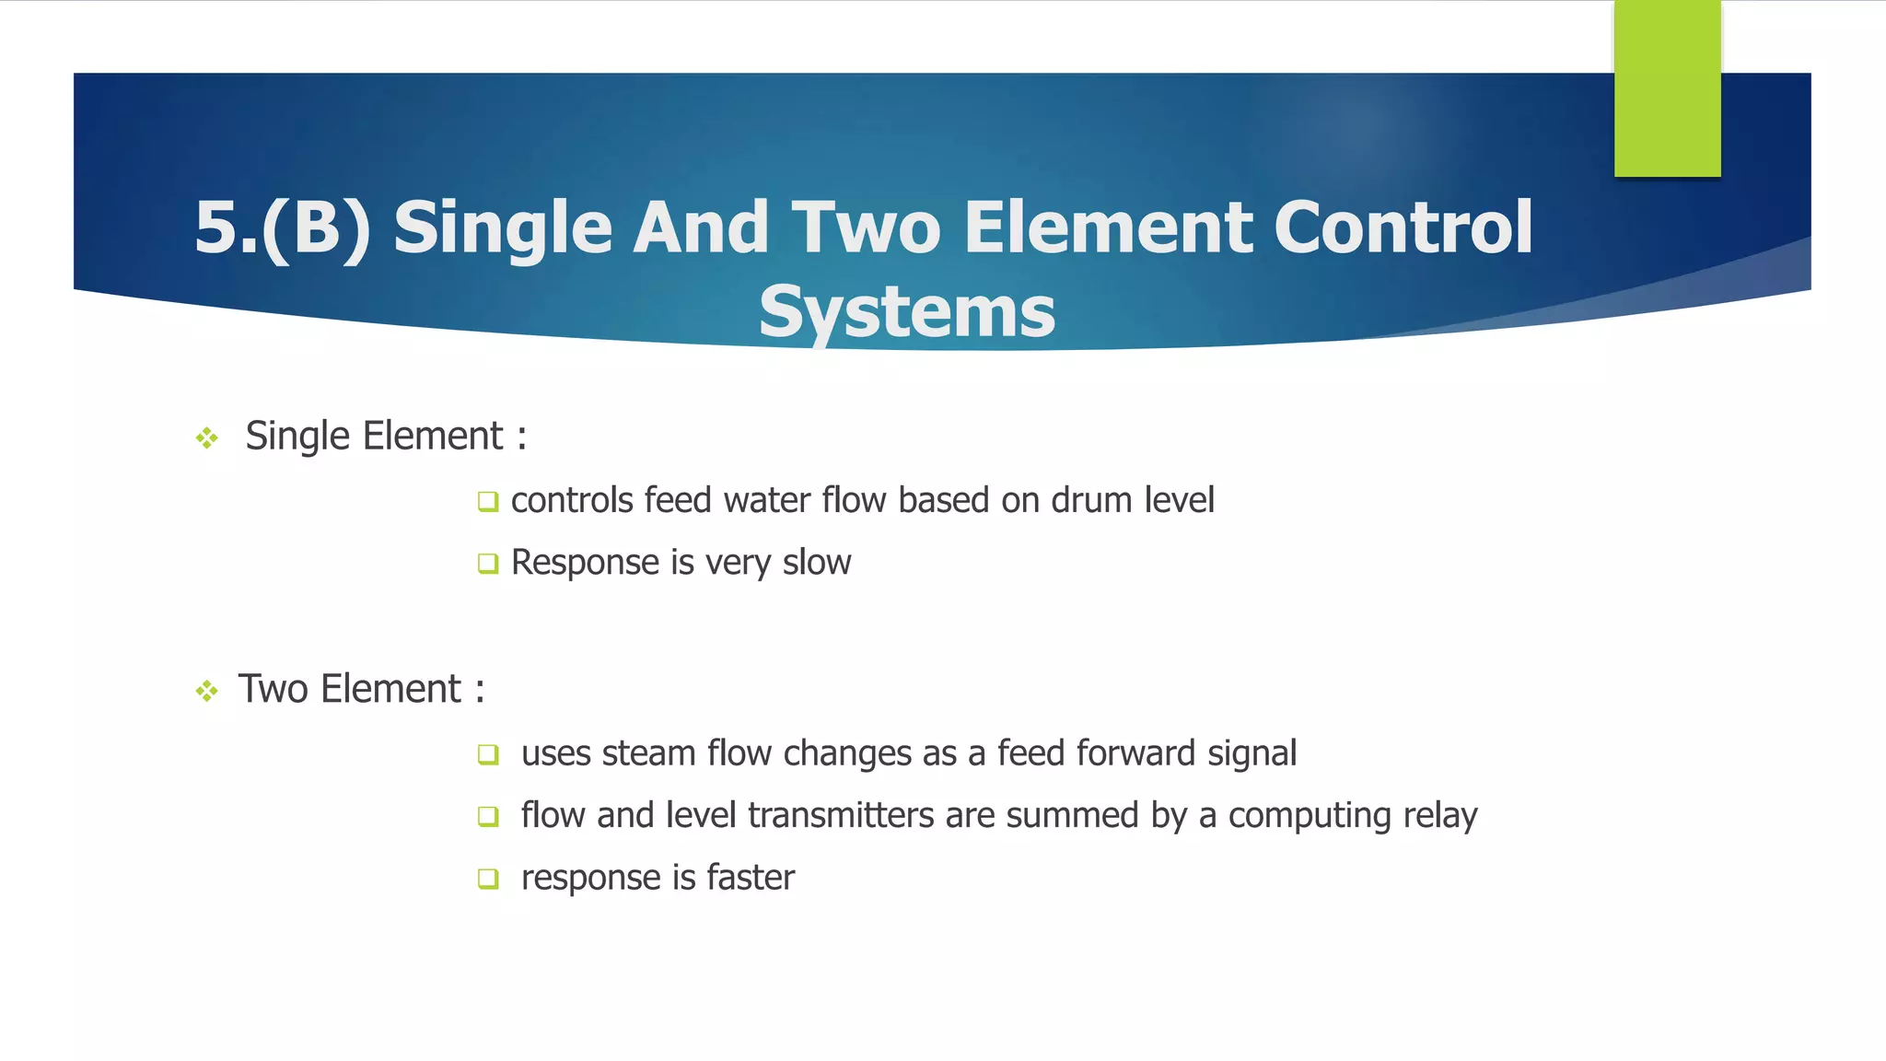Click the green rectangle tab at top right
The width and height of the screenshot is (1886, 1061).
(1667, 87)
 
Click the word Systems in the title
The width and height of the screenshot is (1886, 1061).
(907, 311)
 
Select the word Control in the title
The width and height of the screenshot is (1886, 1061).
(1403, 227)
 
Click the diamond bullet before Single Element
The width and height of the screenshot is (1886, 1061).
(207, 437)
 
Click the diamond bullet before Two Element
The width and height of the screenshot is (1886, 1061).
(207, 691)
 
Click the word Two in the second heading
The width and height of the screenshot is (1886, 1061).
(273, 689)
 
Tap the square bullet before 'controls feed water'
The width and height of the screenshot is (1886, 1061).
(488, 502)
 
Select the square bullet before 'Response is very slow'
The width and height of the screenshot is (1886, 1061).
(488, 564)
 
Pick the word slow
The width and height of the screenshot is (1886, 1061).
(816, 562)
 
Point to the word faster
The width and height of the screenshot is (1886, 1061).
(750, 877)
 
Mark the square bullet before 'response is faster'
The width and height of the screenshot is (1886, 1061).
(488, 879)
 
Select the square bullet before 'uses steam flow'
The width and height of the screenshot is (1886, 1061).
(488, 755)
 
